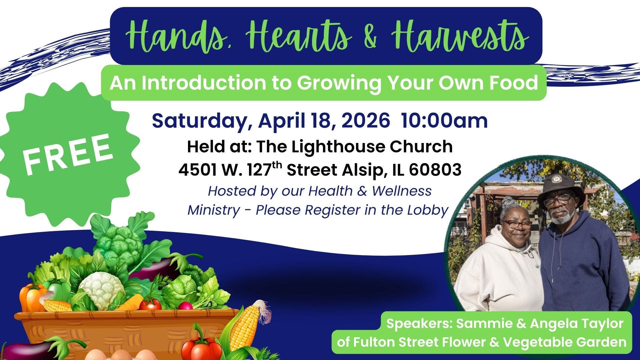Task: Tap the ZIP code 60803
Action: click(x=435, y=170)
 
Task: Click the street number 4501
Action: click(x=197, y=170)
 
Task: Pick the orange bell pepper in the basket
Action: click(x=32, y=297)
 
